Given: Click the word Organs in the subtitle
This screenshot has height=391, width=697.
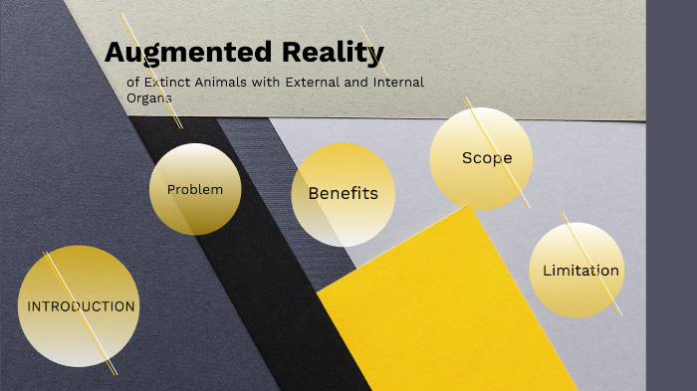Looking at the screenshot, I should tap(149, 98).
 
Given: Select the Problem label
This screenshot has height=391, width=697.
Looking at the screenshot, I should tap(194, 189).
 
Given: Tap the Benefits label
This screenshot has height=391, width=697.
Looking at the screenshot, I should tap(343, 194).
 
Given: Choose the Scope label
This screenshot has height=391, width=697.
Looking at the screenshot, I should tap(486, 158).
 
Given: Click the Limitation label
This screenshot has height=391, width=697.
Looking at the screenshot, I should tap(581, 271).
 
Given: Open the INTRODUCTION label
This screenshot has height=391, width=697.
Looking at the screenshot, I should tap(81, 306).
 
